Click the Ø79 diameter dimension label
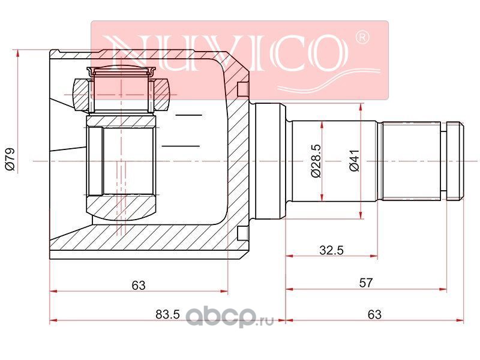(x=10, y=158)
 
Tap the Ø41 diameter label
(x=355, y=161)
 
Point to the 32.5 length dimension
(x=331, y=250)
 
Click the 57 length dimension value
(x=366, y=283)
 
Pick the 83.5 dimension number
(x=167, y=314)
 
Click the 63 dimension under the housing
(x=139, y=286)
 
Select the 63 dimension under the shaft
(x=374, y=314)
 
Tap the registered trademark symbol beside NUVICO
(x=362, y=37)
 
